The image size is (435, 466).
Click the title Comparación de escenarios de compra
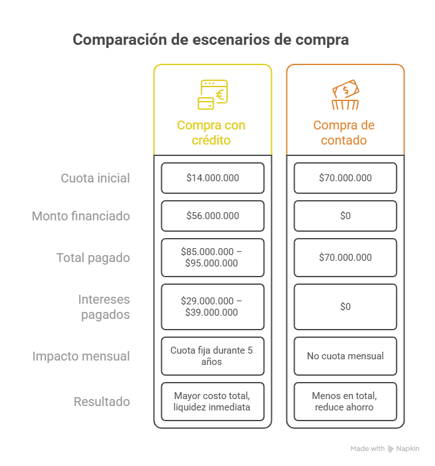pos(211,40)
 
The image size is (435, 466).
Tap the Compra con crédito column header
pos(211,133)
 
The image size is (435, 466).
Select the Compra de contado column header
pos(344,133)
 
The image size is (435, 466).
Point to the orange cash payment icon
pos(345,95)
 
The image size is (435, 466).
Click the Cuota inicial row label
pos(95,178)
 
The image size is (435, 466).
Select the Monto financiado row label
pos(81,216)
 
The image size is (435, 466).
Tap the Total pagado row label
pos(93,258)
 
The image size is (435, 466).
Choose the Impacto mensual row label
pos(81,356)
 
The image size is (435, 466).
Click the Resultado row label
pos(102,402)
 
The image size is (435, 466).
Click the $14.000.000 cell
pos(212,178)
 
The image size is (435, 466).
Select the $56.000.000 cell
pos(212,216)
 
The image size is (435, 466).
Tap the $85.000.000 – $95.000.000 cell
pos(212,258)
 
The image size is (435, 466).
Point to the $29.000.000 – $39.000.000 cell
pos(212,307)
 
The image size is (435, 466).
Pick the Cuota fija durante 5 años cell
pos(212,356)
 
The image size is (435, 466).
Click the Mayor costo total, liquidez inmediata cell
pos(212,402)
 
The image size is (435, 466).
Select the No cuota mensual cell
pos(345,356)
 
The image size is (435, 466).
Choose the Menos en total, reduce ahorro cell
pos(345,402)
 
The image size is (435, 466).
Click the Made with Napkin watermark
pos(385,448)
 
